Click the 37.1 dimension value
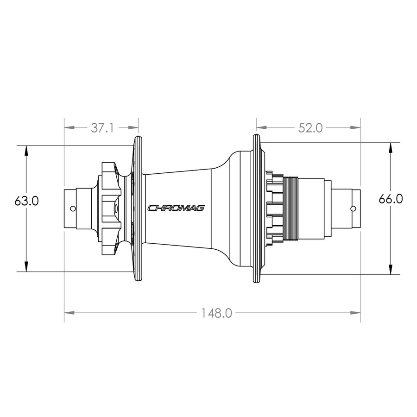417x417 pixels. (x=102, y=128)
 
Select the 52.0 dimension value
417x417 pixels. (x=310, y=128)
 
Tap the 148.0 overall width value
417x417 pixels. (x=216, y=313)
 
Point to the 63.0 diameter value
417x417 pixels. (x=26, y=201)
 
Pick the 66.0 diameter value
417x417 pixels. (x=391, y=199)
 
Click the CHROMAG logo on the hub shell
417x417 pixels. (x=176, y=208)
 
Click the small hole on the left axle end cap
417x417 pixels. (x=73, y=208)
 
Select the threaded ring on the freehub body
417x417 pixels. (x=291, y=209)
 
